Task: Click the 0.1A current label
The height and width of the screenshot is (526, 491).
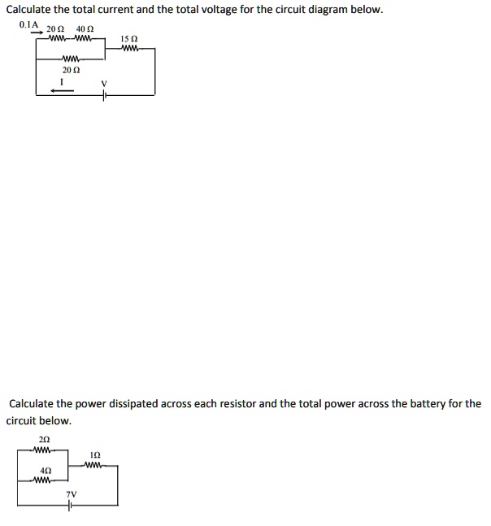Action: [x=28, y=24]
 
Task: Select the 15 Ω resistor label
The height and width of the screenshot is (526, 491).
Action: [x=128, y=38]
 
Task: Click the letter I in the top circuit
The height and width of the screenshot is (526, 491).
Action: [x=62, y=81]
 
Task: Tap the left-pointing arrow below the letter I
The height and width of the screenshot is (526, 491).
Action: [x=62, y=91]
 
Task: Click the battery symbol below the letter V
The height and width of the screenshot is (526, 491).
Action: [x=104, y=95]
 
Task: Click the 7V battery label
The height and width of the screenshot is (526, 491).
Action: [x=72, y=493]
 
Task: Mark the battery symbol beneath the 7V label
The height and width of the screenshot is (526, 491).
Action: [x=72, y=505]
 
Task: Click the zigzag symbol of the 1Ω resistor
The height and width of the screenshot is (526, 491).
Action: [x=95, y=465]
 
